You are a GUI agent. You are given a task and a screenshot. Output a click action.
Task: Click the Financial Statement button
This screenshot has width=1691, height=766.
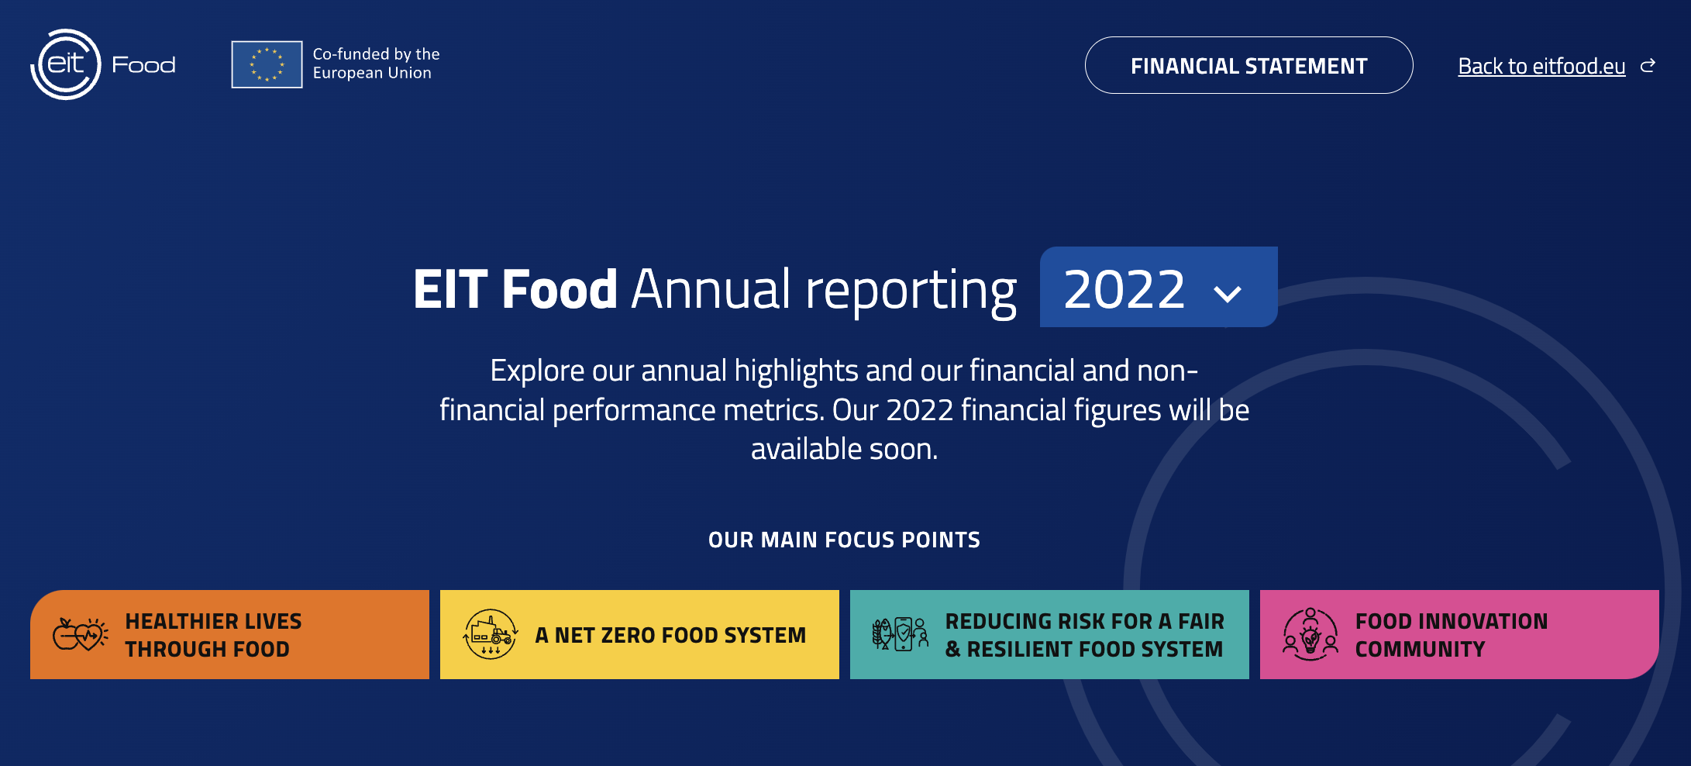1248,65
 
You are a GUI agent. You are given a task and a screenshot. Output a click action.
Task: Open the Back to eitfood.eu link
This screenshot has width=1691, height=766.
1541,67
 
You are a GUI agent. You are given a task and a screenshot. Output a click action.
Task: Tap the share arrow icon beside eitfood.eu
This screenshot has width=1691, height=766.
1648,66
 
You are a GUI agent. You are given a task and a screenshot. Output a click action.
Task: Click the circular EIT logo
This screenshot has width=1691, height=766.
66,64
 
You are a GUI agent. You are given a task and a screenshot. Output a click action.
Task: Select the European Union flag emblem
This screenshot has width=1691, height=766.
267,64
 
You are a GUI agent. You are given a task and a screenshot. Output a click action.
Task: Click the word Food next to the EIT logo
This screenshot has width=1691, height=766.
143,64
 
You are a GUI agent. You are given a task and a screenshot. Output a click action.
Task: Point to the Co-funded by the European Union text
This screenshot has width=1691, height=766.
376,64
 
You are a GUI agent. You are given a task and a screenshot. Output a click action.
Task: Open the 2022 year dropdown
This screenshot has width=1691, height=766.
1159,287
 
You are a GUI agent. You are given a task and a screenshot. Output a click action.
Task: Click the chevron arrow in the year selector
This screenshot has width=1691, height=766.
1228,294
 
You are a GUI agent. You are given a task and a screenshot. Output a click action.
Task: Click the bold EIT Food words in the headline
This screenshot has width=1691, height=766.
515,289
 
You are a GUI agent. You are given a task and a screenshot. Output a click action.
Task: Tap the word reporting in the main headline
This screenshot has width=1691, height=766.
911,292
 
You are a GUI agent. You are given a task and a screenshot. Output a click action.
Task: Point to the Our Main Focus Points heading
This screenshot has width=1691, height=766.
844,540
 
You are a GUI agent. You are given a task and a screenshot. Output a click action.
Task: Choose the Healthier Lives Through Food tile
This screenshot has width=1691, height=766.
229,634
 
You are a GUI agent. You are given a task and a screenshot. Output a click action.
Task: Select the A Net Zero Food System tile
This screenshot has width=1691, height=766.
639,634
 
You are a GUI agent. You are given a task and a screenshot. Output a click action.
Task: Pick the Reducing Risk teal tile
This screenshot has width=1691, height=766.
1049,634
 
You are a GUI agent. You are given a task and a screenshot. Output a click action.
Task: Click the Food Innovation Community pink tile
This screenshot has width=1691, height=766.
1459,634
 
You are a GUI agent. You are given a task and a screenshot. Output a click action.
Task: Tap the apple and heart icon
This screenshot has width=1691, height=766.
81,635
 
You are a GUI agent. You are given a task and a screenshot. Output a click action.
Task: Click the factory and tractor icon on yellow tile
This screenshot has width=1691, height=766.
491,634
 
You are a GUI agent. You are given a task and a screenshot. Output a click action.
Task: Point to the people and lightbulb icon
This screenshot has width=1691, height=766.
1310,634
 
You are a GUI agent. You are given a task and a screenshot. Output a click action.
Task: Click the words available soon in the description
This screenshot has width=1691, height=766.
844,449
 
